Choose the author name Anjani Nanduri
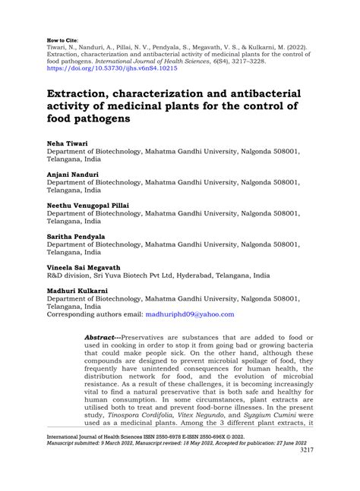point(74,174)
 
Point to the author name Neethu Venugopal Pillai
point(88,205)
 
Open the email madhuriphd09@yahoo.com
point(191,314)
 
